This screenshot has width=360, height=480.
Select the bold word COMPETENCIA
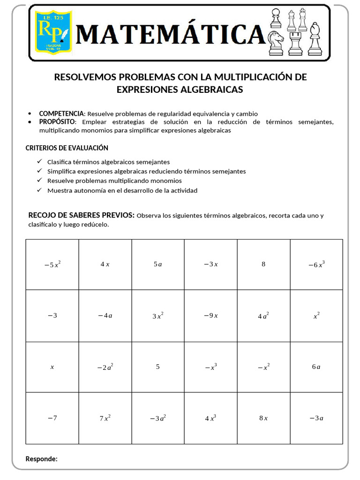coord(61,113)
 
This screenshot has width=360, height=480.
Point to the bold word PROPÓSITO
coord(57,122)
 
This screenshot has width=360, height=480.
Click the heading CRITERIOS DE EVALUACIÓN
coord(67,148)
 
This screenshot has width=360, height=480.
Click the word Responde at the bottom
coord(41,458)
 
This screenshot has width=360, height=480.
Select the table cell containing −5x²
coord(52,264)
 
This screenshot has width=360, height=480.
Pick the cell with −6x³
coord(316,264)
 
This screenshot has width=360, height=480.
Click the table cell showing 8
coord(263,264)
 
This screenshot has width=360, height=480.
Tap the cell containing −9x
coord(210,315)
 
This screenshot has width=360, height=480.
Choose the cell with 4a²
coord(263,315)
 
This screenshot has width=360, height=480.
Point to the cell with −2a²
coord(105,367)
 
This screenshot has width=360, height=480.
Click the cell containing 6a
coord(316,367)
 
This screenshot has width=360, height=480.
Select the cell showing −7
coord(52,418)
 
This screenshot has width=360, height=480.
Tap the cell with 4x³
coord(210,418)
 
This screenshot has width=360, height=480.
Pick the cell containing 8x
coord(263,418)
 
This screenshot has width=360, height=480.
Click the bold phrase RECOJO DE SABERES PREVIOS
coord(82,215)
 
